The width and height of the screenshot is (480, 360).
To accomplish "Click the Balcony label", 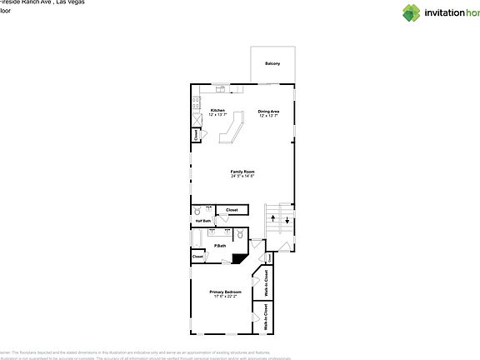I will point(272,64).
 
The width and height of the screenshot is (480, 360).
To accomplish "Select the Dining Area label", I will point(268,112).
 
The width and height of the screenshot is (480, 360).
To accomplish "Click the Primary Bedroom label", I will point(225,293).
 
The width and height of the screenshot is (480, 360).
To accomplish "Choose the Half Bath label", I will point(202,220).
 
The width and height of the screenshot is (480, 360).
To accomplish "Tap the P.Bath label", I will point(221,246).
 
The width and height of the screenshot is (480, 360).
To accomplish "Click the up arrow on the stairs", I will point(272,218).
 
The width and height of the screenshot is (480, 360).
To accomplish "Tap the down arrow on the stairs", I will point(286,221).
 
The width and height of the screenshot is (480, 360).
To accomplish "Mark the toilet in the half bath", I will point(197,212).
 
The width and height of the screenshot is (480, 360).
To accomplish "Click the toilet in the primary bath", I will point(238,234).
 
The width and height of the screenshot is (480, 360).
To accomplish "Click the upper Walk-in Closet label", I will point(267,282).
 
